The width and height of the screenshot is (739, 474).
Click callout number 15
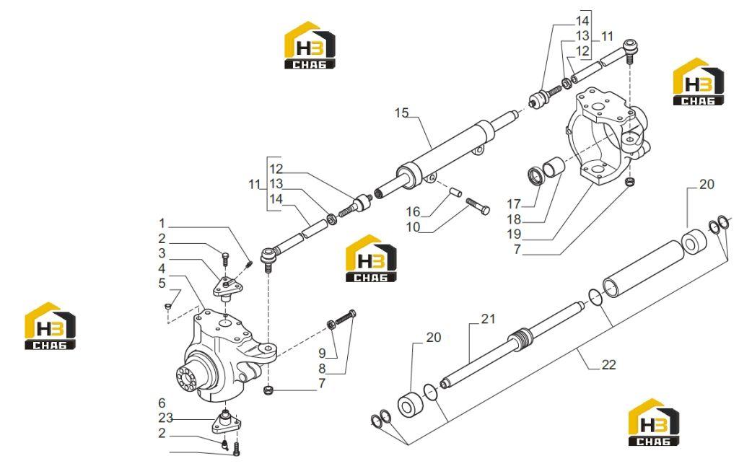(401, 113)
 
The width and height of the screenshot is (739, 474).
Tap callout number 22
(608, 364)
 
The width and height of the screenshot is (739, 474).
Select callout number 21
(489, 319)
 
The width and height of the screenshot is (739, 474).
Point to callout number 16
(413, 211)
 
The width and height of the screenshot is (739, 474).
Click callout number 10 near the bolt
(413, 227)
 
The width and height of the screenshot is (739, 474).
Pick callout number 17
(514, 204)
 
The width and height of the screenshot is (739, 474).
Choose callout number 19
(514, 234)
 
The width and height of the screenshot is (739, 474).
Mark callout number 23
(165, 418)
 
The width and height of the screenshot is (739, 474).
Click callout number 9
(322, 353)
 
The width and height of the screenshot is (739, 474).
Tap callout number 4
(162, 268)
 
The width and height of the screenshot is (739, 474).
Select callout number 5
(162, 284)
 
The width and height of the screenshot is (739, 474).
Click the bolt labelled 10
(478, 206)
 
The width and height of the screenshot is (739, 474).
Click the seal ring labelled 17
(535, 176)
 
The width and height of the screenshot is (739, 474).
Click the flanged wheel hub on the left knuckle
(188, 379)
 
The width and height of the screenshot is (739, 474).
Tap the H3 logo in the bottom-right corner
(654, 423)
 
